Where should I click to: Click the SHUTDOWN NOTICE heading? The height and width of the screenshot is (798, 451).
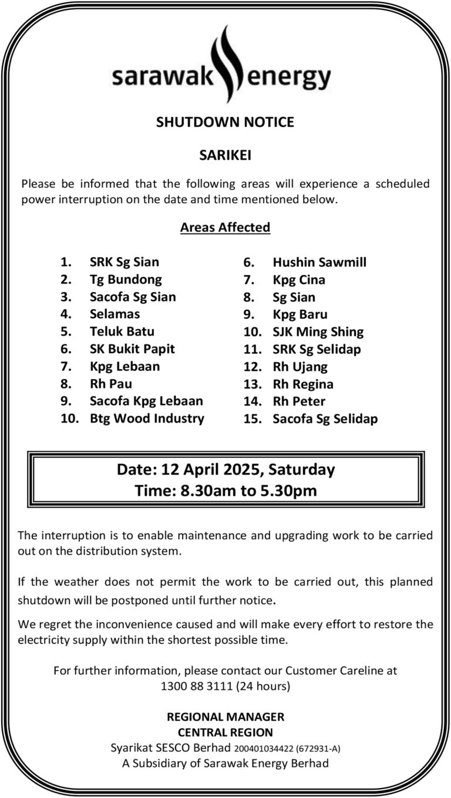tap(225, 122)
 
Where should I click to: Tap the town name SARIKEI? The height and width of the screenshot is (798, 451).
tap(225, 155)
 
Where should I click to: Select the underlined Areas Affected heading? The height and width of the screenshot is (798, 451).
tap(225, 227)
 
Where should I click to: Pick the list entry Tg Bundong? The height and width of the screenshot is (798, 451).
tap(126, 279)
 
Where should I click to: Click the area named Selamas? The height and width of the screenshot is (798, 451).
tap(115, 314)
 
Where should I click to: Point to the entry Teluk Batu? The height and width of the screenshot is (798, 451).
tap(122, 332)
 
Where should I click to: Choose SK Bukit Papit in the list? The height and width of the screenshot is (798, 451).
tap(132, 349)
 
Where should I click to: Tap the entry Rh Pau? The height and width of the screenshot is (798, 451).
tap(110, 384)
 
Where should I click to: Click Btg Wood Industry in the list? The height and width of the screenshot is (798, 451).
tap(147, 418)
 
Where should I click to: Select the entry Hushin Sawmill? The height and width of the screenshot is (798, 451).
tap(319, 262)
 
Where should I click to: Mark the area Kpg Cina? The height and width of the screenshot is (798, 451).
tap(299, 280)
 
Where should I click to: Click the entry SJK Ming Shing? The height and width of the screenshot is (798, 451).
tap(318, 332)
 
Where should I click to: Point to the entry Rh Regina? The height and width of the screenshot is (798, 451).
tap(303, 384)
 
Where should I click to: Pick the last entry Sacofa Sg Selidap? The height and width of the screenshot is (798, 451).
tap(325, 419)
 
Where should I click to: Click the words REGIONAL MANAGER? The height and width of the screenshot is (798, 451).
tap(225, 717)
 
